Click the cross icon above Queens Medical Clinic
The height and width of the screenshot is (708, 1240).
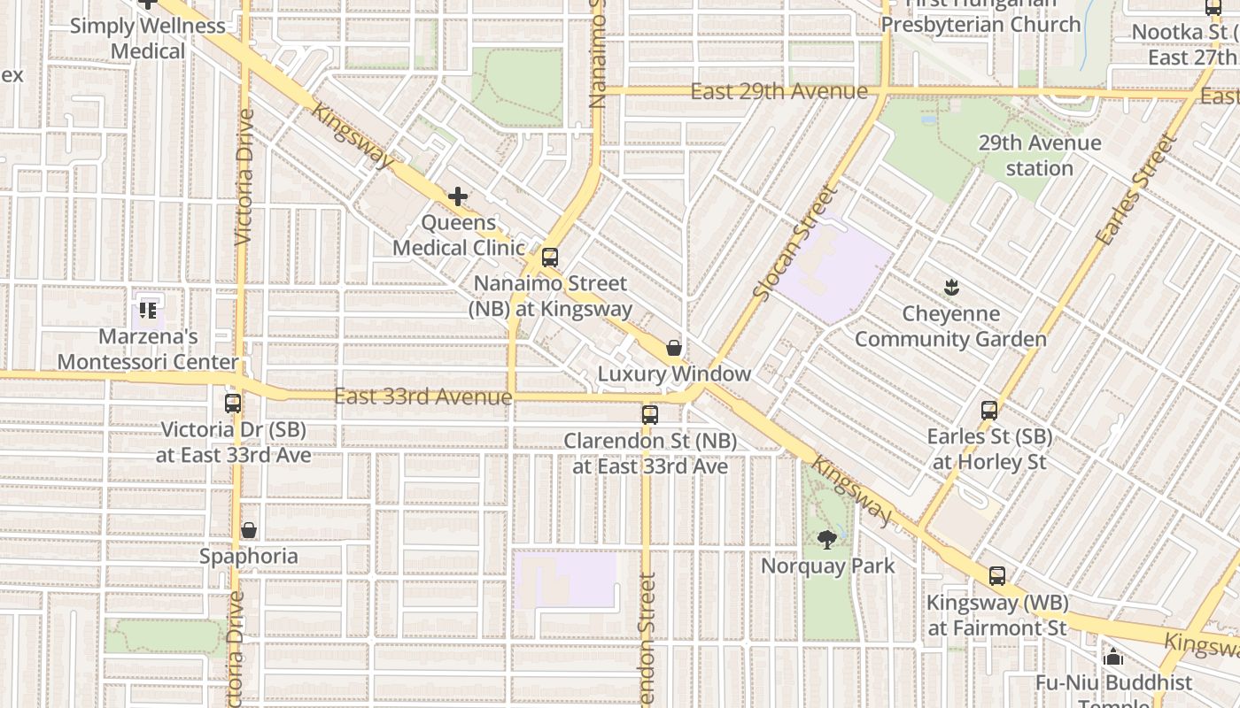click(458, 196)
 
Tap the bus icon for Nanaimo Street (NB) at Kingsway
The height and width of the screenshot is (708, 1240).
click(550, 258)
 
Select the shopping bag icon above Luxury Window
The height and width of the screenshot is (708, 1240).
click(674, 348)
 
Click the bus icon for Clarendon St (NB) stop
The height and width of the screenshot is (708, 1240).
click(650, 414)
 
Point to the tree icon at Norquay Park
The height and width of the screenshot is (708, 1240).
click(827, 539)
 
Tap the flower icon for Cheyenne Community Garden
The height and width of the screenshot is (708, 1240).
click(951, 288)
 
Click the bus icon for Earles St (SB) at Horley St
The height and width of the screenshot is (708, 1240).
click(989, 411)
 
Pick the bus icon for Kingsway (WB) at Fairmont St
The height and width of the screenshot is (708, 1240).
click(997, 576)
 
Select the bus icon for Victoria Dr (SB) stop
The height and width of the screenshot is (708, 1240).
click(233, 404)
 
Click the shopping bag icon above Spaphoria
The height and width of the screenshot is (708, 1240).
click(249, 530)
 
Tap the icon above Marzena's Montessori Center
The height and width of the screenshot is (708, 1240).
click(148, 311)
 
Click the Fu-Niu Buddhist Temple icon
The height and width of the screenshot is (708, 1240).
click(1114, 658)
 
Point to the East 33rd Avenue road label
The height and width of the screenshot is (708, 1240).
click(422, 396)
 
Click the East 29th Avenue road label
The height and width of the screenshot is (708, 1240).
click(779, 91)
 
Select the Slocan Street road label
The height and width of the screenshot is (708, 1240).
click(794, 242)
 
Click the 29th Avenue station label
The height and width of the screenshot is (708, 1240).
click(1039, 156)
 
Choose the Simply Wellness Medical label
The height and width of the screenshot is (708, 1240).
click(148, 38)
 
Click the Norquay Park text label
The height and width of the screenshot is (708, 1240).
click(828, 566)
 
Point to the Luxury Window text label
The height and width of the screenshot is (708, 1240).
click(674, 373)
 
